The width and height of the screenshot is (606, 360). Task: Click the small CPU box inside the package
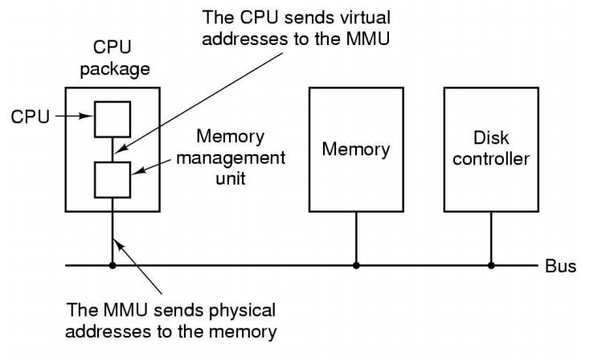click(x=112, y=119)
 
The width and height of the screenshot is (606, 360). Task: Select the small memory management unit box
click(x=112, y=178)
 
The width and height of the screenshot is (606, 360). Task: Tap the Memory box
click(x=355, y=149)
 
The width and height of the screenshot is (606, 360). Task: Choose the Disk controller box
click(x=490, y=149)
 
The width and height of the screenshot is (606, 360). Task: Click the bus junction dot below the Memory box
click(x=355, y=264)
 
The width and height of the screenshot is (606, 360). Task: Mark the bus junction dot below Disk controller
click(x=490, y=264)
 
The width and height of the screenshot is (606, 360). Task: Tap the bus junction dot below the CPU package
click(x=112, y=264)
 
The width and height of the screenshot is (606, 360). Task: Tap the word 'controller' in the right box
click(x=490, y=159)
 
